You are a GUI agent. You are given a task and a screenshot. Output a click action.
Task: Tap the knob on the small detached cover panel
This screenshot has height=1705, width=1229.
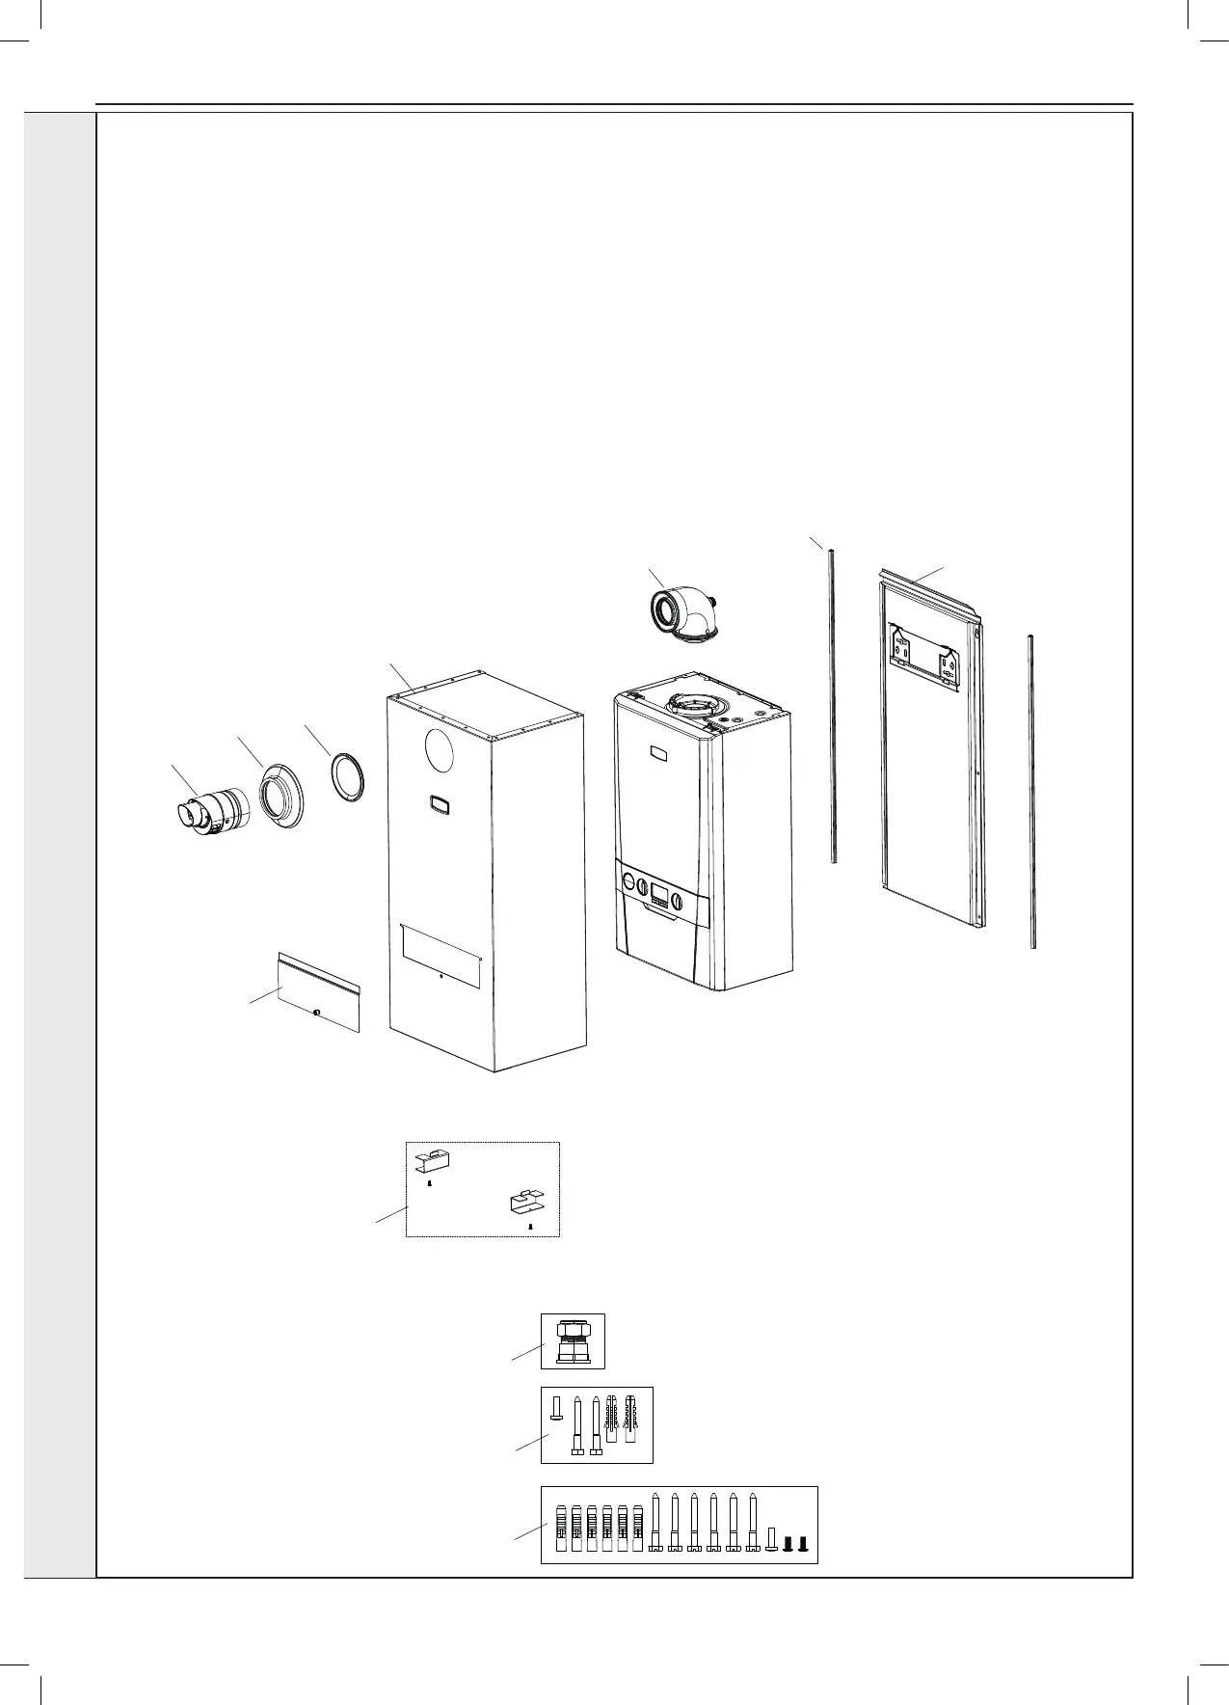pos(316,1012)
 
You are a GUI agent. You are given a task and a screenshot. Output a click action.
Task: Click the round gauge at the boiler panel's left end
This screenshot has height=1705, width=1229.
pos(628,880)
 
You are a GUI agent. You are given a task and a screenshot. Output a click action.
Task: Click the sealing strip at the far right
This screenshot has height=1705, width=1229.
pos(1031,791)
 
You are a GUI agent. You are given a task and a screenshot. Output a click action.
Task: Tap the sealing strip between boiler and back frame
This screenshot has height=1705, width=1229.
pos(830,704)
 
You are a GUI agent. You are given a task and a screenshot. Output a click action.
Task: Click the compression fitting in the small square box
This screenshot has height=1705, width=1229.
pos(573,1340)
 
